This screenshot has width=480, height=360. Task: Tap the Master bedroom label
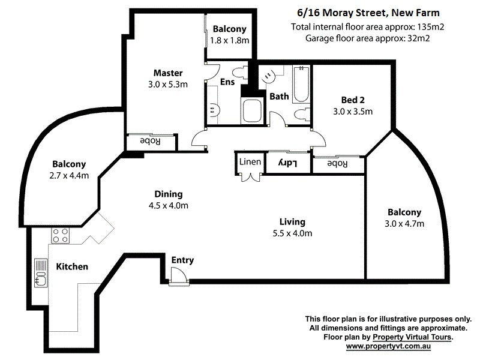coord(168,73)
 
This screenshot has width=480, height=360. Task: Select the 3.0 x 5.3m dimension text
coord(168,85)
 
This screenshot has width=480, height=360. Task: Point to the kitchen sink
coord(41,274)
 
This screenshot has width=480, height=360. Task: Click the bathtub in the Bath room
coord(300,85)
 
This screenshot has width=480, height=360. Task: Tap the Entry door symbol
coord(178,277)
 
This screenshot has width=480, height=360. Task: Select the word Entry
coord(182,260)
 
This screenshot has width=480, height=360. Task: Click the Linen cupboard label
coord(250,162)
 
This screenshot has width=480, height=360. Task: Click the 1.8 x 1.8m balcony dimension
coord(229,40)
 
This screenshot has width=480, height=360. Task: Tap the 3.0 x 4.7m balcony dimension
coord(404,224)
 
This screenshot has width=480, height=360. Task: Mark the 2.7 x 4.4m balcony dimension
coord(69,176)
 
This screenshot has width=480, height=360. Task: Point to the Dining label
coord(168,194)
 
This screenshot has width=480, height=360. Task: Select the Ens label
coord(227,82)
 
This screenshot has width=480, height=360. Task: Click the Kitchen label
coord(72,266)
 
